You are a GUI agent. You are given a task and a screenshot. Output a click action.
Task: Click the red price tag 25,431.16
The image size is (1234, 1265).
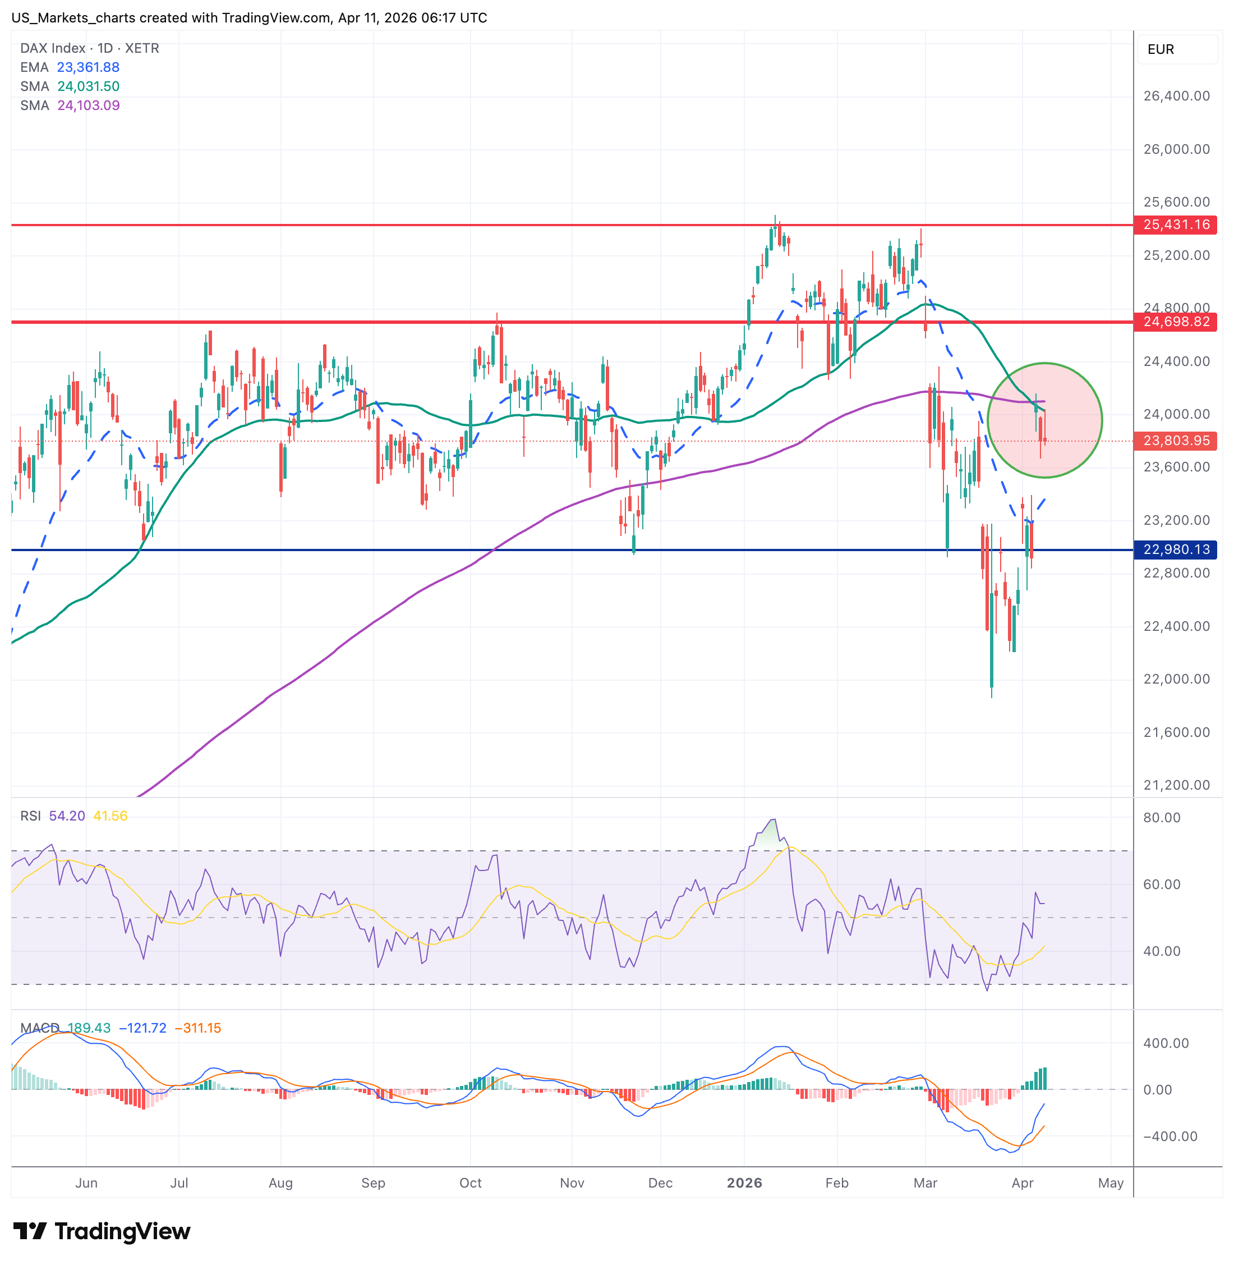1176,225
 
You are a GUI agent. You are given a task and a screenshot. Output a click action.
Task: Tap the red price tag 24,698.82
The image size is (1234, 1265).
1176,322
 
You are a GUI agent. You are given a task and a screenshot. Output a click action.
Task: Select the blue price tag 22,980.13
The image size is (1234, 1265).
1176,550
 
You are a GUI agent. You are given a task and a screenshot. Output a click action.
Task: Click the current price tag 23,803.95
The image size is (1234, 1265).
1176,441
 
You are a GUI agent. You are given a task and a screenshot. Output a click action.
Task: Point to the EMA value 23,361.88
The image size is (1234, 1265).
88,67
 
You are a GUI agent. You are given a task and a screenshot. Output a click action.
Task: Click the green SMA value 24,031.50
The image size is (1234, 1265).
88,86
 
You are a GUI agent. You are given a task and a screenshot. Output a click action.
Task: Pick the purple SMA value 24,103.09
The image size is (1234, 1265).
88,106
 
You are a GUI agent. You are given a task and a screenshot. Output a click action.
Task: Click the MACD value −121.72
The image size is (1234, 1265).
142,1028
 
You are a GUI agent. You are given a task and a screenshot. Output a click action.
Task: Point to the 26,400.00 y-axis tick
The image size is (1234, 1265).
1176,96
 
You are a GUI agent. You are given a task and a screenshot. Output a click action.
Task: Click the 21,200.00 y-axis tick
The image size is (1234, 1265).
1176,785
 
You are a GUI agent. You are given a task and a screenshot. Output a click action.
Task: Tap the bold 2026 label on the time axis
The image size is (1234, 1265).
744,1182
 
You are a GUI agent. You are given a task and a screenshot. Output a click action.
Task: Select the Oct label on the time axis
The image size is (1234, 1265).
471,1182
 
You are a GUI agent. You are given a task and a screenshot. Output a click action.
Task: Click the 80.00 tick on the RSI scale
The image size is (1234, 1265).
1162,818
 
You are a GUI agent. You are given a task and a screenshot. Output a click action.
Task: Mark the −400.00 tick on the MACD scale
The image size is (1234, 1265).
1166,1136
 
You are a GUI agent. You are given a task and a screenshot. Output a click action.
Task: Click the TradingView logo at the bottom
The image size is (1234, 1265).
102,1231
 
